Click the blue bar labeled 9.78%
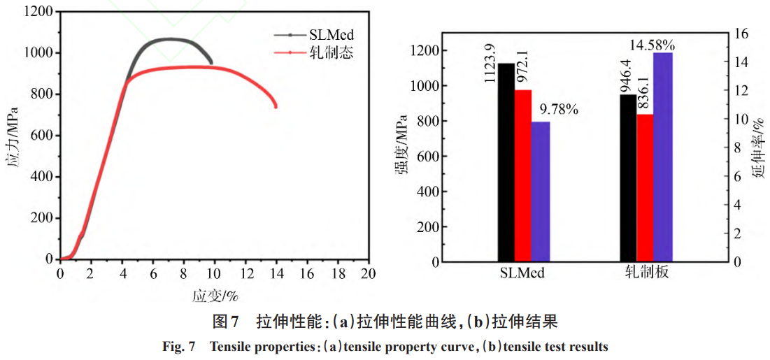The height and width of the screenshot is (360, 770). [540, 192]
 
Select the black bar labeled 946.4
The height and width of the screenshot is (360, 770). [628, 178]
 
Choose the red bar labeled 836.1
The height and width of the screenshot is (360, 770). [645, 188]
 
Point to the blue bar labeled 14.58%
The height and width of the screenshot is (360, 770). [662, 157]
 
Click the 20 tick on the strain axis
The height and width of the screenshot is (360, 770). [368, 273]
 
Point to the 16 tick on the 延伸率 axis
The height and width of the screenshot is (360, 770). [739, 34]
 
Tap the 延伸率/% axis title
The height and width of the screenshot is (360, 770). [758, 147]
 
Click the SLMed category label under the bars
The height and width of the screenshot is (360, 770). [522, 273]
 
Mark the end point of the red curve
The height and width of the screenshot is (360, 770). [276, 106]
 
